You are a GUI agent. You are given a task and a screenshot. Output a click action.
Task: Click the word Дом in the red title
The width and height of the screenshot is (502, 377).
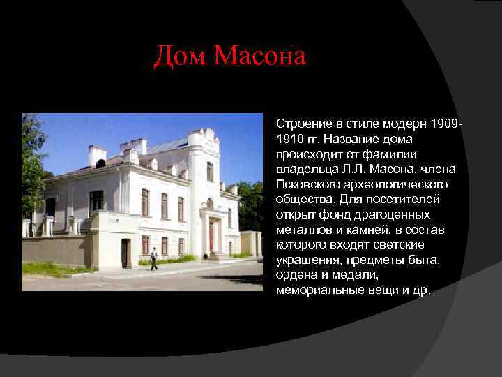tap(181, 56)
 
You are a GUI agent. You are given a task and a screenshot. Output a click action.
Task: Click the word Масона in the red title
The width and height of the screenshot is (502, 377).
tap(260, 56)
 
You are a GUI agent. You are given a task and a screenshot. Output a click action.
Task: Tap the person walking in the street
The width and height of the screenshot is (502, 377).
tap(154, 258)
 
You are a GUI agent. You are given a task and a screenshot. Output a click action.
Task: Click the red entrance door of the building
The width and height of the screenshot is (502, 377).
tap(211, 237)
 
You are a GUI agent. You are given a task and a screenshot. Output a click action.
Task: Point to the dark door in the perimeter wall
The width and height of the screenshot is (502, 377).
tap(125, 253)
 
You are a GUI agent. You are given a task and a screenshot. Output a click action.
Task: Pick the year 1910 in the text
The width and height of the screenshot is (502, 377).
tap(290, 139)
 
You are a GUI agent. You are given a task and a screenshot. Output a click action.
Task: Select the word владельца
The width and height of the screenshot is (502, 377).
tap(309, 169)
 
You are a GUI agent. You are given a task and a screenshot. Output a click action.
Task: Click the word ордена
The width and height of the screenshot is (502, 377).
tap(296, 274)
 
